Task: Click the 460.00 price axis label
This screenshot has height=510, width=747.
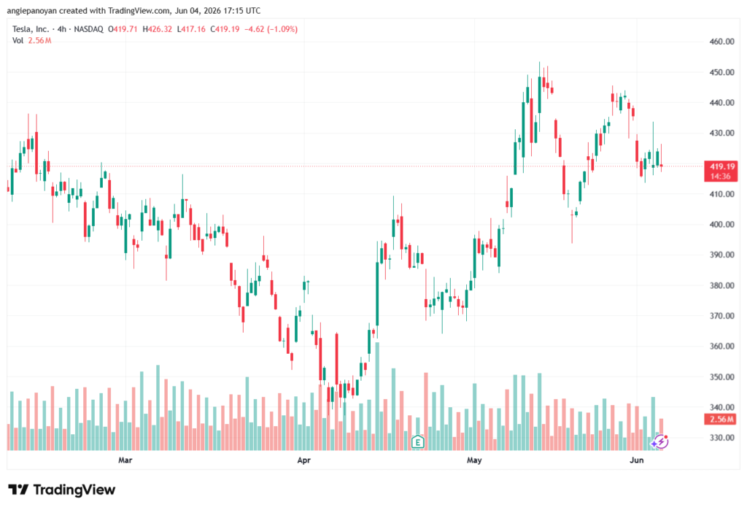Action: point(721,42)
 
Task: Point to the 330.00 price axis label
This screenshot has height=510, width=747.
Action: point(721,438)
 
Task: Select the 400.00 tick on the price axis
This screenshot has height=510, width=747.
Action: point(721,225)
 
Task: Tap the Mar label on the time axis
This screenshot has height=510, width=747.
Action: point(125,460)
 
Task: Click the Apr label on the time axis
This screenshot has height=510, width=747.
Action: point(303,460)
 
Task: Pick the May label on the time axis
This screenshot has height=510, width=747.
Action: point(474,460)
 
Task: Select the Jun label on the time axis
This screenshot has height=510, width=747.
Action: point(636,460)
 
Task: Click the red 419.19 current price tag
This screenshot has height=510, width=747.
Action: point(721,171)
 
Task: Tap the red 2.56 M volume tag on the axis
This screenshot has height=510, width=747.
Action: point(721,420)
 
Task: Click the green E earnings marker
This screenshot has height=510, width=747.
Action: point(418,442)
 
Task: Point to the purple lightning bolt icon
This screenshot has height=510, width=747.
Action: point(661,442)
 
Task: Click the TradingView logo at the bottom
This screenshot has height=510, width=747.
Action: point(62,490)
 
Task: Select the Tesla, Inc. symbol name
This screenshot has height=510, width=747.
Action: point(31,29)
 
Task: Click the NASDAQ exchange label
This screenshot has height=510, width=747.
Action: point(88,29)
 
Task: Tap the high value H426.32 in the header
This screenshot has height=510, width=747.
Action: point(158,29)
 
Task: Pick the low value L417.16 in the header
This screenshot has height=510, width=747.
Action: point(191,29)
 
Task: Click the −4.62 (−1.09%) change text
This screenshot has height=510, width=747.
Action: point(271,29)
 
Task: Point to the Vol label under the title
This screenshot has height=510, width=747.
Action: point(18,41)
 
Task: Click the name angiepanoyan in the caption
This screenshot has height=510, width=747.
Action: point(32,10)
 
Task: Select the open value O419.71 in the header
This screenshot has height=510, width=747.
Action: point(123,29)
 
